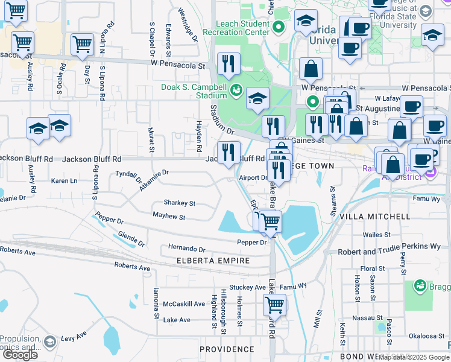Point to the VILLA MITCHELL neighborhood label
pos(374,217)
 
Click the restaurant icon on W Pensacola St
pos(229,64)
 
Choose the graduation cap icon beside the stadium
pos(257,98)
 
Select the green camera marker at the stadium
pos(236,91)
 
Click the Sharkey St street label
pos(179,203)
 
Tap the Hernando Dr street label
pos(186,249)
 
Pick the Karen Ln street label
pos(64,181)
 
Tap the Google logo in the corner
pos(20,355)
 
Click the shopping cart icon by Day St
pos(82,43)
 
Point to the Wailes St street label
pos(377,235)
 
